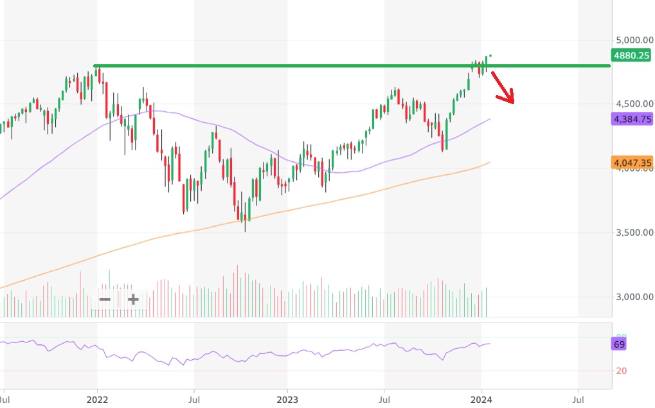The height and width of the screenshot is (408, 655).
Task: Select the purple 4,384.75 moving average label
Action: point(633,119)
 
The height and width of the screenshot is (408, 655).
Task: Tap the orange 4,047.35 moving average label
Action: point(633,163)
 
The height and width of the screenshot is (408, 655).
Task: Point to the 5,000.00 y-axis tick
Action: point(633,40)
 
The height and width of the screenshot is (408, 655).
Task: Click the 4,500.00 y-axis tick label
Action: point(633,104)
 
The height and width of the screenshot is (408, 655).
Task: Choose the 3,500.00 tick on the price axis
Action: point(633,233)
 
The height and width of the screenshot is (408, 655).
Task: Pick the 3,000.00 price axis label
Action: point(633,297)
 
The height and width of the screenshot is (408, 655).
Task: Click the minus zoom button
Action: point(105,299)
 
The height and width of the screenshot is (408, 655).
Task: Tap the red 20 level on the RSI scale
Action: point(622,371)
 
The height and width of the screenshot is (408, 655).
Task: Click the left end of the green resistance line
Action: point(95,66)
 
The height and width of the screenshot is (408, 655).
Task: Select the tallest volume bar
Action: point(237,290)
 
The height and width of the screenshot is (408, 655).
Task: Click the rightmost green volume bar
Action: point(487,302)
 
